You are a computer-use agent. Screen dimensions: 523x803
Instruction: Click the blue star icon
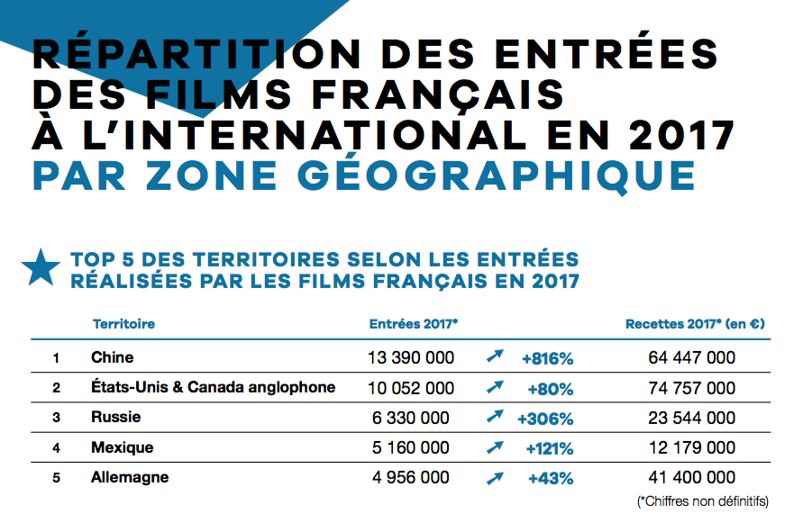click(41, 268)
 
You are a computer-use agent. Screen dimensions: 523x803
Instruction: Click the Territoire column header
click(123, 324)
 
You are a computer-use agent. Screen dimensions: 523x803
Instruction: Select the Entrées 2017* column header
click(414, 324)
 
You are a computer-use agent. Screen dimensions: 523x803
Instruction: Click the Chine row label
click(112, 357)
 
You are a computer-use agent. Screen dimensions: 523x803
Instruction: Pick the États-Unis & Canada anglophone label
click(213, 387)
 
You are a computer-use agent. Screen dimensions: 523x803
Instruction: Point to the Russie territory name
click(115, 418)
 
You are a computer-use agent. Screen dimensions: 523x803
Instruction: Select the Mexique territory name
click(122, 447)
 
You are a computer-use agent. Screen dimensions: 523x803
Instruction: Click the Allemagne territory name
click(130, 477)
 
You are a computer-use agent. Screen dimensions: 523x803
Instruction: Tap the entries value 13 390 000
click(411, 358)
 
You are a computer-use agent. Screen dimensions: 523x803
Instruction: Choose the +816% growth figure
click(547, 358)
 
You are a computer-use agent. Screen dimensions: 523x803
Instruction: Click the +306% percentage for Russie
click(545, 419)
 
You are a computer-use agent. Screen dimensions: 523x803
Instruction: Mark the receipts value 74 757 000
click(691, 388)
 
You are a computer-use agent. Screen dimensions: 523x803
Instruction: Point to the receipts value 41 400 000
click(691, 478)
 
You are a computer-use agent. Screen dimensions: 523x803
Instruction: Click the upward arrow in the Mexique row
click(494, 447)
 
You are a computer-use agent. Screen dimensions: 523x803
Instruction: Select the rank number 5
click(56, 478)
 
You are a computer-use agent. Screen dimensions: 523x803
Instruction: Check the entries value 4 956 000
click(411, 478)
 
